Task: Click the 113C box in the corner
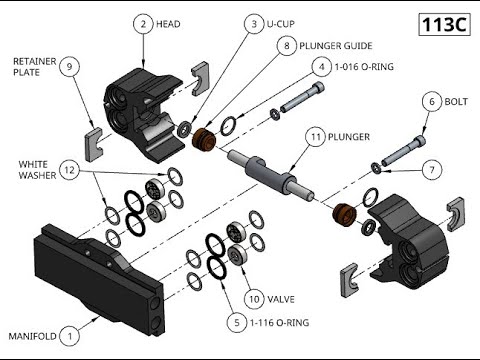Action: [x=444, y=24]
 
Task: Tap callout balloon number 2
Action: [x=143, y=24]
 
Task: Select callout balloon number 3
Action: [x=254, y=24]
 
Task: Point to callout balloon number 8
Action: [x=287, y=46]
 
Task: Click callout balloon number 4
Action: [x=322, y=67]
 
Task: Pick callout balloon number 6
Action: [x=432, y=101]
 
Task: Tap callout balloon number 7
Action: [x=432, y=170]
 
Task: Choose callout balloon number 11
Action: [x=316, y=137]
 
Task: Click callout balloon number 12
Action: [x=69, y=170]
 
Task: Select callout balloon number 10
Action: [x=254, y=299]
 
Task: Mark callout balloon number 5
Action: [x=237, y=323]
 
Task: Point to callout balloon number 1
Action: [x=69, y=336]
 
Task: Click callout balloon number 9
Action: [x=69, y=67]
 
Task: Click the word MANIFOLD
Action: [x=32, y=336]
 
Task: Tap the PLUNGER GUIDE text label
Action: [x=336, y=46]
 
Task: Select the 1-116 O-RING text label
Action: [x=279, y=323]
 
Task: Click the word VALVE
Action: [x=281, y=299]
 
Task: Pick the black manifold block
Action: [x=99, y=279]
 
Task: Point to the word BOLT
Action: [x=456, y=101]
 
